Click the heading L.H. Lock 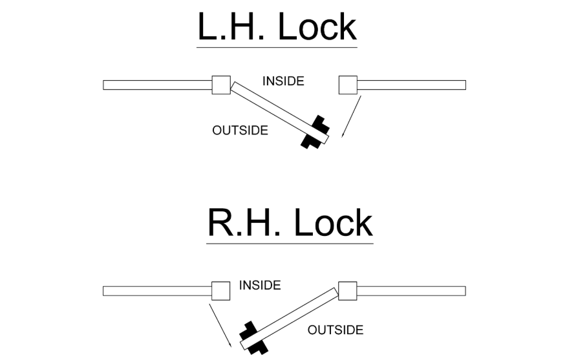277,26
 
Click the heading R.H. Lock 290,222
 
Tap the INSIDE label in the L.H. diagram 283,81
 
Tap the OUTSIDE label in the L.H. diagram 240,130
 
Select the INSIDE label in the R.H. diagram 260,285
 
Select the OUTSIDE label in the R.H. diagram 336,330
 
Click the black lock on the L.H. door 315,132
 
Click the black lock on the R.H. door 254,337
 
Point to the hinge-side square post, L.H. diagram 221,85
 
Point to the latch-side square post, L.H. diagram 348,85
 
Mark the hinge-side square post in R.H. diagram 347,291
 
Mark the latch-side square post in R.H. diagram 221,291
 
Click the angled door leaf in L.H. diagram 280,112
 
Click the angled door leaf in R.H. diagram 289,319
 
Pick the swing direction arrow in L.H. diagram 351,117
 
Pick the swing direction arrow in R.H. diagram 220,326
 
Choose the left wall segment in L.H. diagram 158,85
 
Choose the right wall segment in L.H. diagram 411,85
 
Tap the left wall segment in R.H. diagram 157,291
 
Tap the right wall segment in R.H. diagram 411,291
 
